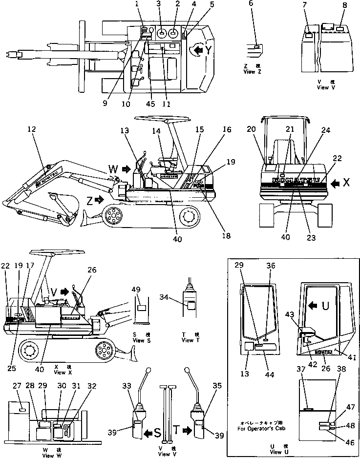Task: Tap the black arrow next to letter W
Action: (126, 169)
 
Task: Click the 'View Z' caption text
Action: (253, 71)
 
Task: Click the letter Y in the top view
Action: (209, 49)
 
